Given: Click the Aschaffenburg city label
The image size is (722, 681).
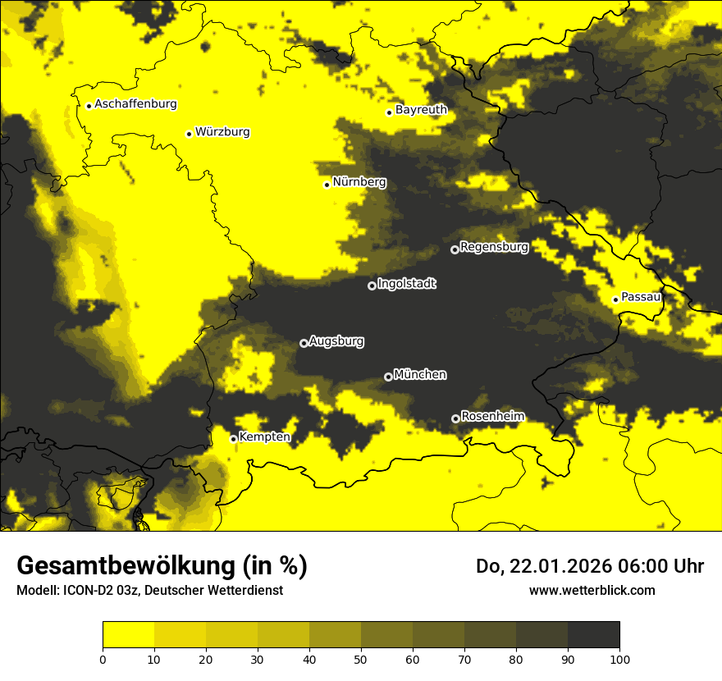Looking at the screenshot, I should pyautogui.click(x=135, y=104).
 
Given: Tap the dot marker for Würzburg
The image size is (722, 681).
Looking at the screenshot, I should pyautogui.click(x=189, y=134).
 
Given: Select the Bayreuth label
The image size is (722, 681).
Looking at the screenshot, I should pyautogui.click(x=421, y=109).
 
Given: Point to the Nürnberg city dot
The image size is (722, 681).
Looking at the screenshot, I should pyautogui.click(x=327, y=185).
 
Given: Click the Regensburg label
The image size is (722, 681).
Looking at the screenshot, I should pyautogui.click(x=494, y=246).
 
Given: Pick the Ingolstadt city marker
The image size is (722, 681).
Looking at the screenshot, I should pyautogui.click(x=372, y=286).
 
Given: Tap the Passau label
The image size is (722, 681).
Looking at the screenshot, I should pyautogui.click(x=641, y=297).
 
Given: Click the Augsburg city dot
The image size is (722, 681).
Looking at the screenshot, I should pyautogui.click(x=304, y=343).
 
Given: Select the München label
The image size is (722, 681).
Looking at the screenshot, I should pyautogui.click(x=420, y=374).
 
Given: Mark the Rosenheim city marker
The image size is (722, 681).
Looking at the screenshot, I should pyautogui.click(x=455, y=418).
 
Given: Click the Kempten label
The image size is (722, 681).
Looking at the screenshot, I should pyautogui.click(x=264, y=436).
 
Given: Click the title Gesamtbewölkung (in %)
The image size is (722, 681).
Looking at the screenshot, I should pyautogui.click(x=162, y=566).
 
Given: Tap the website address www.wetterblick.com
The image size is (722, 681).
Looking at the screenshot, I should pyautogui.click(x=592, y=590).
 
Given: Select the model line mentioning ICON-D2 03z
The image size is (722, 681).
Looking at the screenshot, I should pyautogui.click(x=149, y=590).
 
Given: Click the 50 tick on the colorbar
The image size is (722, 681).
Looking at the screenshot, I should pyautogui.click(x=361, y=658).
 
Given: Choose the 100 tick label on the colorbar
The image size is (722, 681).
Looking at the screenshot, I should pyautogui.click(x=619, y=658).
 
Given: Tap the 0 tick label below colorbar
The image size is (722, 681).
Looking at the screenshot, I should pyautogui.click(x=103, y=658).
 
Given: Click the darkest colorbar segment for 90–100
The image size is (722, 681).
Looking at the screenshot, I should pyautogui.click(x=593, y=635).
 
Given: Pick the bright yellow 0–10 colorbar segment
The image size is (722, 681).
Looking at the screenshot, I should pyautogui.click(x=128, y=635).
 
